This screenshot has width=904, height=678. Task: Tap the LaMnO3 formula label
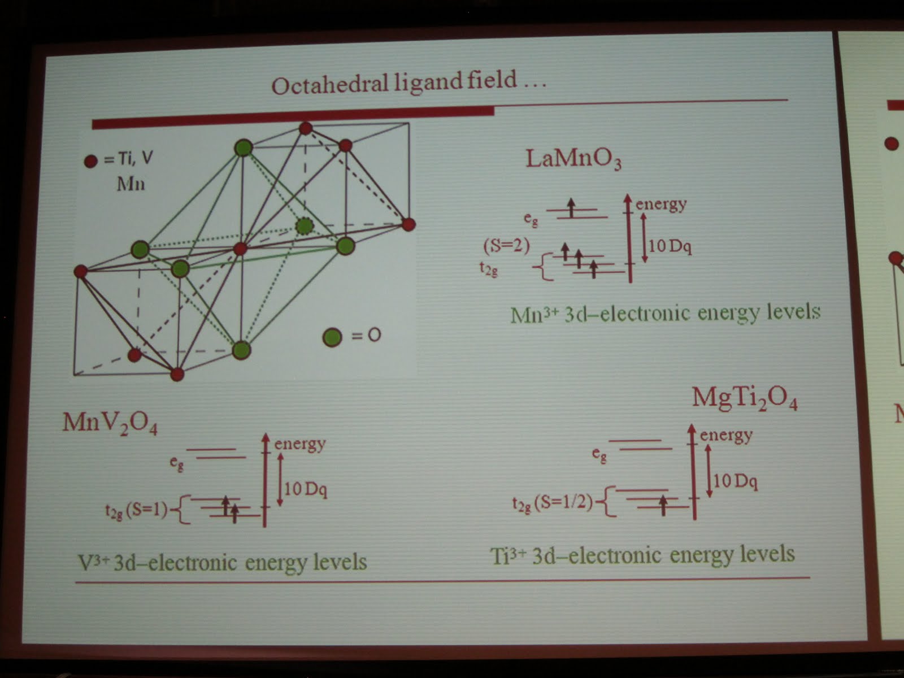coord(573,159)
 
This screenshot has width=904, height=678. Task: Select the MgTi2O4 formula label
coord(745,399)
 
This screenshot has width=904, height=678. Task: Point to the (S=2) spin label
coord(507,246)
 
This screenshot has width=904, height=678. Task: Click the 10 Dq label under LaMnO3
coord(670,246)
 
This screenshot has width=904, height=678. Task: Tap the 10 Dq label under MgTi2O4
coord(735,481)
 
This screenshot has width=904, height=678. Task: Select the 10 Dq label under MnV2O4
coord(305,488)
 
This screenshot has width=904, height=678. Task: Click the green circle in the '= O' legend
coord(332,337)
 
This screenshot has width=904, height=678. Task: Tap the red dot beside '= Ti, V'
coord(91,162)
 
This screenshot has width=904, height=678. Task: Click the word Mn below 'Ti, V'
coord(131,184)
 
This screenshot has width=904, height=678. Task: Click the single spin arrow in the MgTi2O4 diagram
coord(663,505)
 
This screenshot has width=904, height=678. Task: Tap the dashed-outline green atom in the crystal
coord(305,226)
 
